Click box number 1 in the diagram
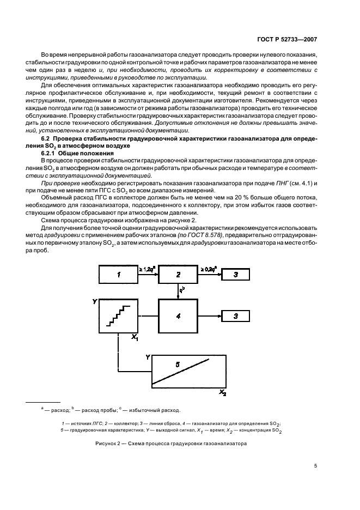[x=119, y=275]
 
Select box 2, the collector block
[x=178, y=275]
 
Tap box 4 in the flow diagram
[x=178, y=315]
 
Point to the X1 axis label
[x=135, y=338]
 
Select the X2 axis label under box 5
[x=222, y=392]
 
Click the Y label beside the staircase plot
[x=95, y=301]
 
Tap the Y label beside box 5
[x=148, y=357]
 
